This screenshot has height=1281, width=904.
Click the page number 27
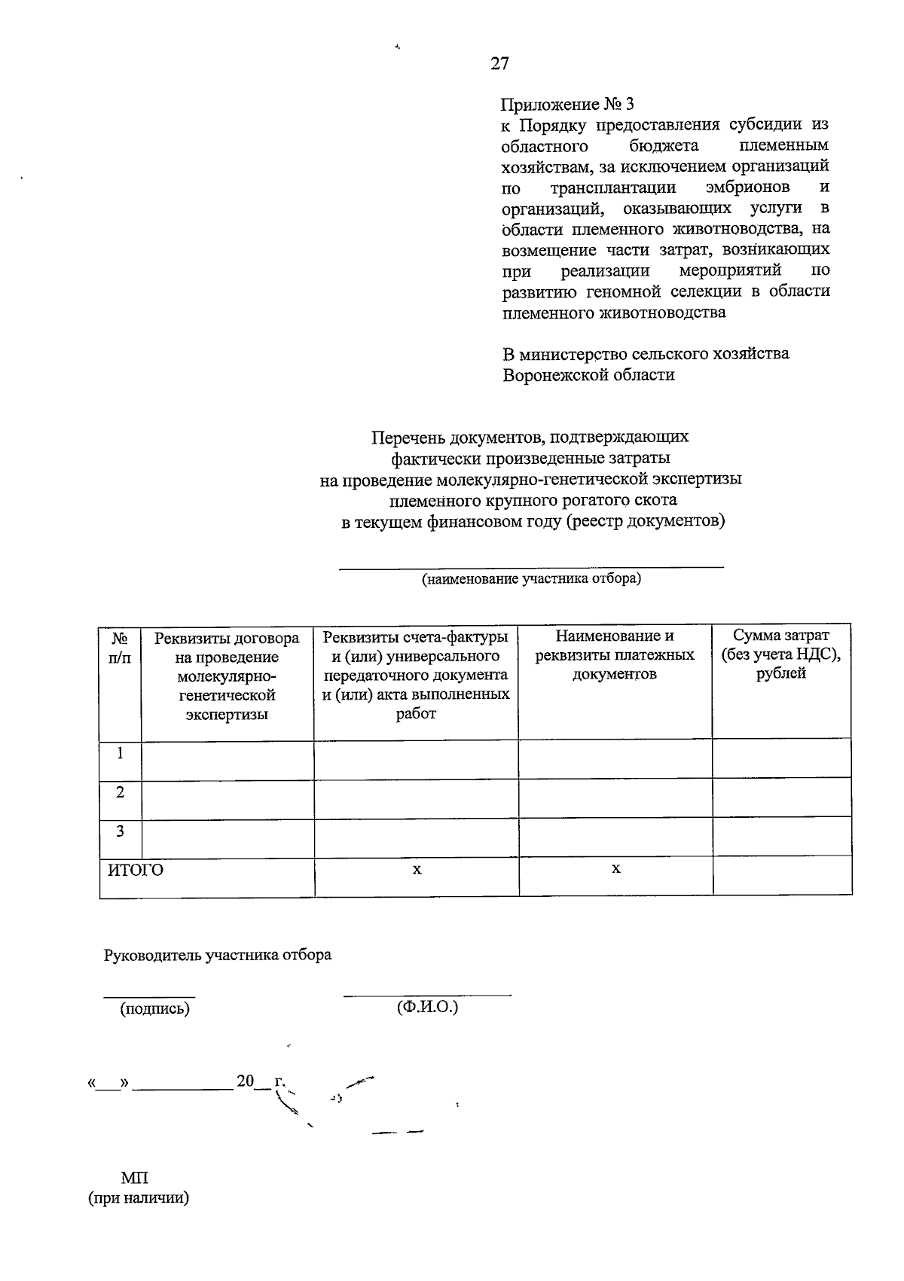(499, 64)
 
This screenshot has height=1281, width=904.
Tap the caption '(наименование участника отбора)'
(531, 579)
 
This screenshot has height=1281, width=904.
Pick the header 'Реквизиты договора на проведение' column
(227, 676)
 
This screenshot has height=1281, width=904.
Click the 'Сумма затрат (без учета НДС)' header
(781, 655)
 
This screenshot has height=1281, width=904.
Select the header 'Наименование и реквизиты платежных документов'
(615, 655)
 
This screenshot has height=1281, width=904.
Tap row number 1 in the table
(120, 753)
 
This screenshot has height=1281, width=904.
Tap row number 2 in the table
(120, 792)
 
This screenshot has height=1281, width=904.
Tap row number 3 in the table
(120, 831)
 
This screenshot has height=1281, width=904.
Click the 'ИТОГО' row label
(136, 871)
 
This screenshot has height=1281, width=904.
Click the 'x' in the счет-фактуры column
(417, 870)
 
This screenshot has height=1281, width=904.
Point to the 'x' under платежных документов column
(615, 869)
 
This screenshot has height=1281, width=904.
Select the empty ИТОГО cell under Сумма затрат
(781, 876)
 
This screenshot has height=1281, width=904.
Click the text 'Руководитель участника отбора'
(218, 955)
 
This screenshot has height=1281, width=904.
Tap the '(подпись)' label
(154, 1008)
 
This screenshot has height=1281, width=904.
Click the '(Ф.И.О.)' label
(427, 1007)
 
